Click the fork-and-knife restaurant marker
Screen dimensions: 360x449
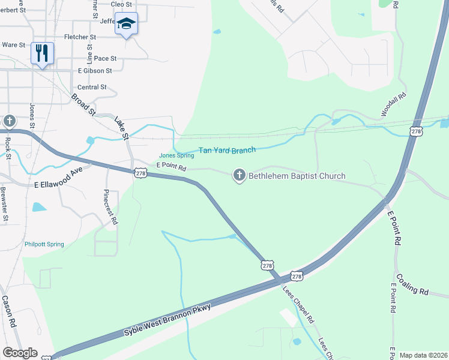click(42, 53)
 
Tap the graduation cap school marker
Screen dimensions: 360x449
click(126, 24)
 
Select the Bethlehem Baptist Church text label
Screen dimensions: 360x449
click(297, 176)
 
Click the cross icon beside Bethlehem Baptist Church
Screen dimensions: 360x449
click(239, 175)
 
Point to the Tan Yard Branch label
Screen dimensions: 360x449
click(227, 149)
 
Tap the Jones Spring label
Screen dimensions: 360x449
click(176, 156)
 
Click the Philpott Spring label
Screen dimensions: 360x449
click(44, 244)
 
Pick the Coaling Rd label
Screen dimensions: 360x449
click(412, 287)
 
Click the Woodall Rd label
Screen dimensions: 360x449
click(394, 104)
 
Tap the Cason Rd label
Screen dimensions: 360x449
click(8, 311)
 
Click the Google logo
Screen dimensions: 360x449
click(19, 353)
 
